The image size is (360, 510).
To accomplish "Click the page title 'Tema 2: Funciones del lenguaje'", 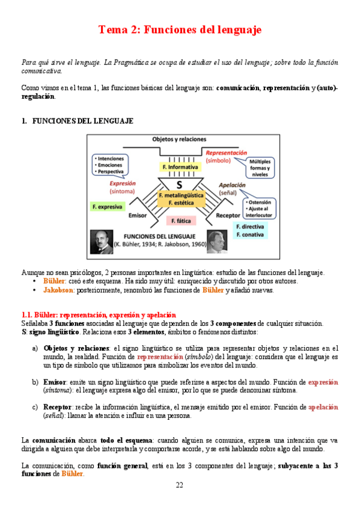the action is click(x=180, y=30).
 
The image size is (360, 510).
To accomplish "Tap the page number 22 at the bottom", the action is click(x=180, y=485).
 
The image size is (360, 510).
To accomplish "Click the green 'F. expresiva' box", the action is click(x=107, y=206).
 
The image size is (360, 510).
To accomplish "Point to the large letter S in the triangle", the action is click(x=179, y=184).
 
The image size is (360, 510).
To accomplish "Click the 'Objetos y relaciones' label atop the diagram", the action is click(x=180, y=138).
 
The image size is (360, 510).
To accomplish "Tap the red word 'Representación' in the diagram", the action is click(x=226, y=153).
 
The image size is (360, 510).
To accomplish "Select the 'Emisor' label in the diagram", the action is click(x=136, y=214).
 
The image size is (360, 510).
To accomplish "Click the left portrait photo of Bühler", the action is click(x=102, y=241).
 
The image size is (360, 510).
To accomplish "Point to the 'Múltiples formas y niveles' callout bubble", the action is click(x=260, y=168).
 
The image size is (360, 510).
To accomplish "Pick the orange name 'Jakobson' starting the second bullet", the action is click(x=58, y=290).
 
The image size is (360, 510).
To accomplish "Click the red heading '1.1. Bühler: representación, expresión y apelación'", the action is click(x=99, y=315).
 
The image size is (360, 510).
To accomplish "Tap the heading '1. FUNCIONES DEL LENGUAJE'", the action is click(x=77, y=121).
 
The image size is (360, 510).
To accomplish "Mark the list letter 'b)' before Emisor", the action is click(x=35, y=382).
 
